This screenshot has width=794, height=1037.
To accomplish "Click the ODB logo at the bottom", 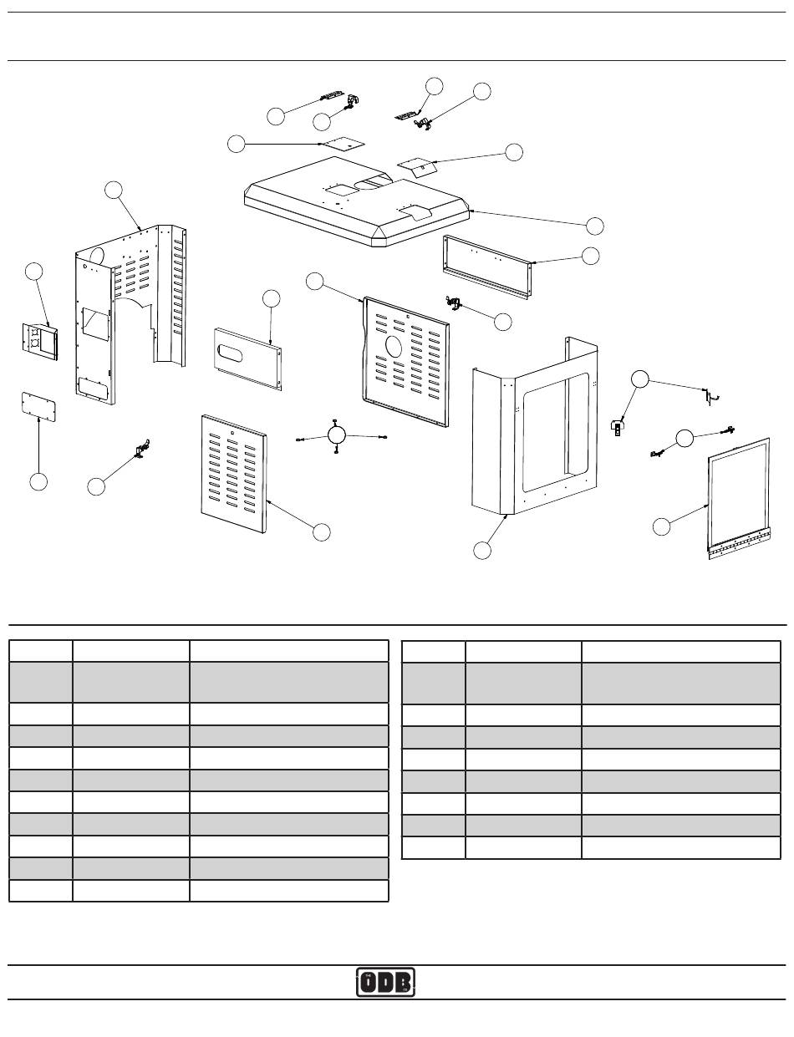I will (385, 982).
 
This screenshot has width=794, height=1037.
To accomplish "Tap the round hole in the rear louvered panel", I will (394, 345).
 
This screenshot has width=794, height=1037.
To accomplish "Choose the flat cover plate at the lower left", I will (38, 407).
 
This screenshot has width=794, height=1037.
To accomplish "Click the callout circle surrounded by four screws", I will (336, 435).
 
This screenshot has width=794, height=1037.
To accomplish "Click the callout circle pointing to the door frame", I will (661, 526).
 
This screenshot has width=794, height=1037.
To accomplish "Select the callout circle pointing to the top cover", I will (594, 226).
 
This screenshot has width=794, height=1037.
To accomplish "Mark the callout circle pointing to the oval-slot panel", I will (271, 298).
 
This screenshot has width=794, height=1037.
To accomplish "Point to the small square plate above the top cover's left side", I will (343, 143).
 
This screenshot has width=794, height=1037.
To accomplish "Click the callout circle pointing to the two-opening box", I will (33, 272).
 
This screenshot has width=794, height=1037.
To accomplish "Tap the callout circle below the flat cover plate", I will (38, 481).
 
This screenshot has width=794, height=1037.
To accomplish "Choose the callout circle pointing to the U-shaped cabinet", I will (482, 550).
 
